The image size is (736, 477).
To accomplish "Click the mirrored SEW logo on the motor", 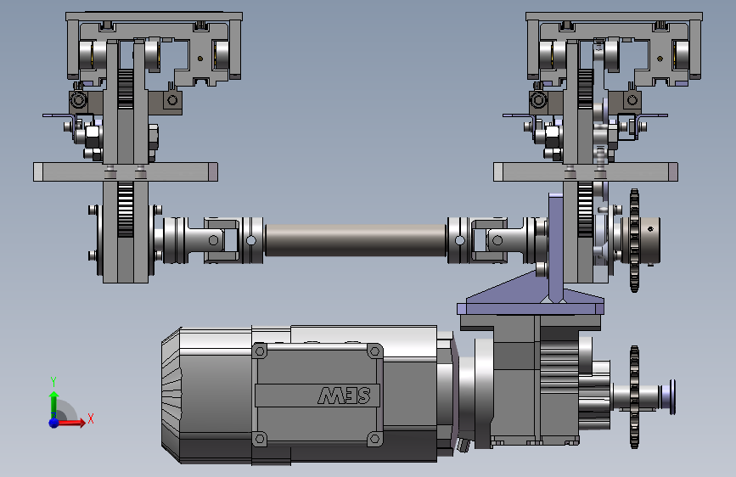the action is tap(344, 396).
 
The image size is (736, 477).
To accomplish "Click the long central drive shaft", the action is tap(356, 240).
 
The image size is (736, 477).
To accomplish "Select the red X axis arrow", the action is tap(70, 423).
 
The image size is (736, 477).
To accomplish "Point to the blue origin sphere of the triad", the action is tap(54, 423).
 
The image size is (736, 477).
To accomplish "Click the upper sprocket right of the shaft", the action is tap(635, 240).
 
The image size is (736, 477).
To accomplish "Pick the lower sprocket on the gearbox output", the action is tap(634, 396).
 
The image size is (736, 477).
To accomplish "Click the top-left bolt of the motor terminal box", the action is tap(260, 351).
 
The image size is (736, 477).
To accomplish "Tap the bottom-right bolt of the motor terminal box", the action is tap(374, 439).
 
